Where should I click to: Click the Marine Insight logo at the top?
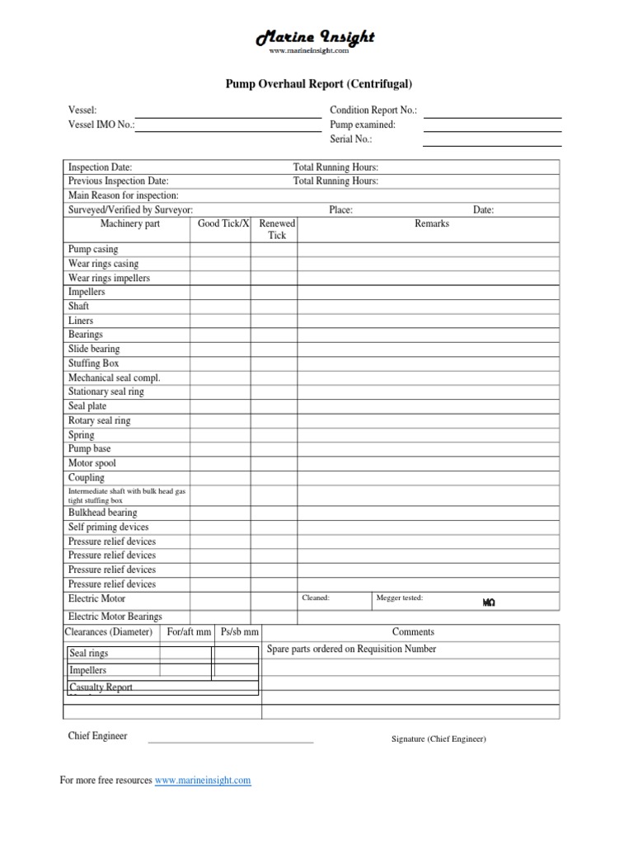coord(316,38)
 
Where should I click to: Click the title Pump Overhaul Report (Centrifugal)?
coord(318,83)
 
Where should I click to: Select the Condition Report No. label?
coord(373,110)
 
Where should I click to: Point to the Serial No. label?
coord(351,139)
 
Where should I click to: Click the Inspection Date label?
coord(100,167)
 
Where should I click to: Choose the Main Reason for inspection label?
coord(123,195)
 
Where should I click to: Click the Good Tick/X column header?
coord(223,223)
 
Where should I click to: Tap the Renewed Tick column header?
coord(277,229)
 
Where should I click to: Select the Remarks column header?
coord(432,223)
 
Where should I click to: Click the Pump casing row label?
coord(93,249)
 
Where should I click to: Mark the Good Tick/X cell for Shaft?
coord(220,307)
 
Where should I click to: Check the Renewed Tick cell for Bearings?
coord(274,335)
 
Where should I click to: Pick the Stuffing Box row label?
coord(93,363)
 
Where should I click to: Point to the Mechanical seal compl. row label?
coord(114,377)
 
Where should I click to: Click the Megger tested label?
coord(399,598)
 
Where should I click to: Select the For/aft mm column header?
coord(189,632)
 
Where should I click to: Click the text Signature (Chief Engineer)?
coord(438,739)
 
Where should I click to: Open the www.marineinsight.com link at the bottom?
coord(203,780)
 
